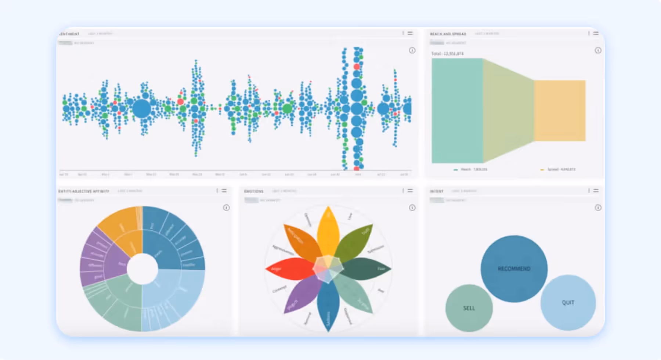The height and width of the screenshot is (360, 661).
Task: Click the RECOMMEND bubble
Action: (x=514, y=269)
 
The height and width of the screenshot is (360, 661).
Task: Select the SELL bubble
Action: (x=469, y=308)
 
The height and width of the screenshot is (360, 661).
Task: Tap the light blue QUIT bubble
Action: (x=568, y=302)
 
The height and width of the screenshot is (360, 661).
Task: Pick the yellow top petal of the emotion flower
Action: (x=328, y=230)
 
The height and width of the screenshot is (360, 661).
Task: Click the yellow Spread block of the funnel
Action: (x=560, y=110)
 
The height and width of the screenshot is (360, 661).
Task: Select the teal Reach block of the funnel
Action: (x=457, y=110)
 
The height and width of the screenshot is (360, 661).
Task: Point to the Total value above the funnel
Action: (x=447, y=54)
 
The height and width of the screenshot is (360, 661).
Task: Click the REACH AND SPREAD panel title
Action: (x=448, y=34)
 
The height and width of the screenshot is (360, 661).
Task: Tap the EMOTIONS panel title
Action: (x=254, y=191)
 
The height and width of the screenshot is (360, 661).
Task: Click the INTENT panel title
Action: (x=437, y=191)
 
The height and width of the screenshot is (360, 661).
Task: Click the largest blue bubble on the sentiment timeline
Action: (x=141, y=109)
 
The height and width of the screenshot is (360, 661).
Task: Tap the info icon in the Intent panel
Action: (x=598, y=208)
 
